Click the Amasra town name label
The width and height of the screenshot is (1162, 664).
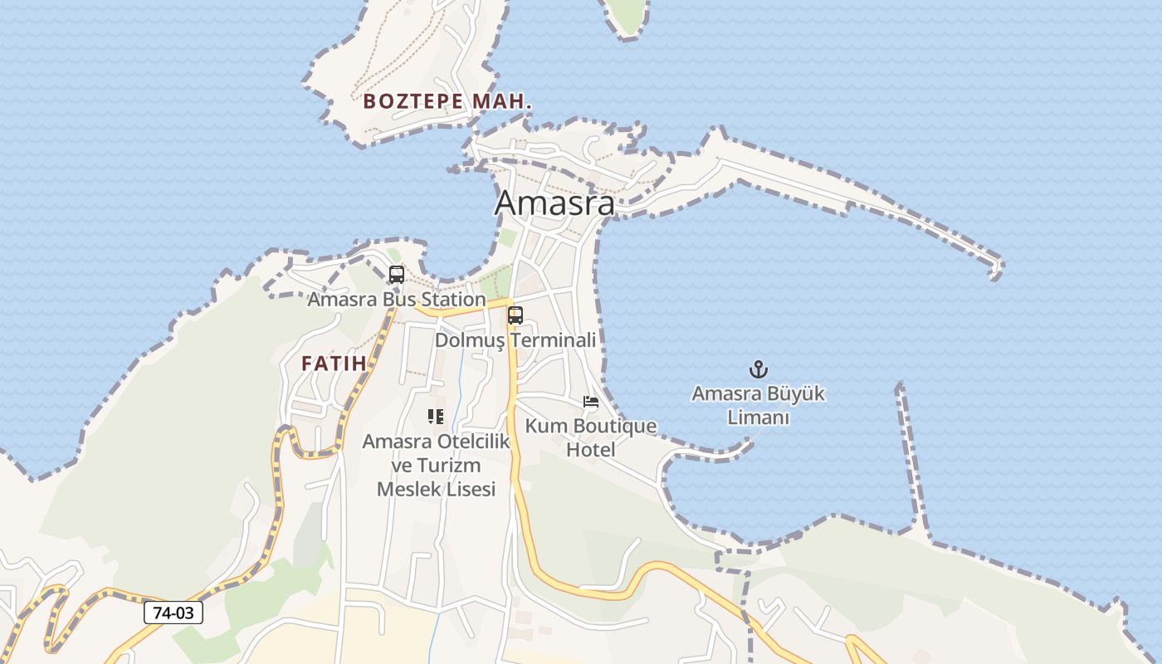coord(554,203)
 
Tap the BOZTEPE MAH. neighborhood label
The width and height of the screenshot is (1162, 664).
coord(447,102)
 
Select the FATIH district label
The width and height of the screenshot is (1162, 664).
coord(334,364)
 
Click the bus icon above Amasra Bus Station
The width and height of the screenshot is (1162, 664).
coord(397,274)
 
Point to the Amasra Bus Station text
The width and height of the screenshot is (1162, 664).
coord(397,299)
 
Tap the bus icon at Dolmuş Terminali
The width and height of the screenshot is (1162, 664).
coord(515,315)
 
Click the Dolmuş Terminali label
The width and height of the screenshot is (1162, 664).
coord(515,340)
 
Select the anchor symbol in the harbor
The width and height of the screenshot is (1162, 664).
coord(757,369)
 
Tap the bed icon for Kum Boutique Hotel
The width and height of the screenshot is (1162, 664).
coord(591,402)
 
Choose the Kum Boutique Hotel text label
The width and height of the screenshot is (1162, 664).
coord(591,437)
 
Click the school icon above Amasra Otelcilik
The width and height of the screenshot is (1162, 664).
coord(436,417)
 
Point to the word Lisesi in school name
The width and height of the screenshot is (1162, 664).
coord(466,490)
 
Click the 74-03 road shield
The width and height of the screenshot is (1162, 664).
coord(173,613)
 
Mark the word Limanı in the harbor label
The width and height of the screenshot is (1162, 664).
coord(758,417)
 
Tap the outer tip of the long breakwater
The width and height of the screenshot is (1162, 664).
coord(996,269)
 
